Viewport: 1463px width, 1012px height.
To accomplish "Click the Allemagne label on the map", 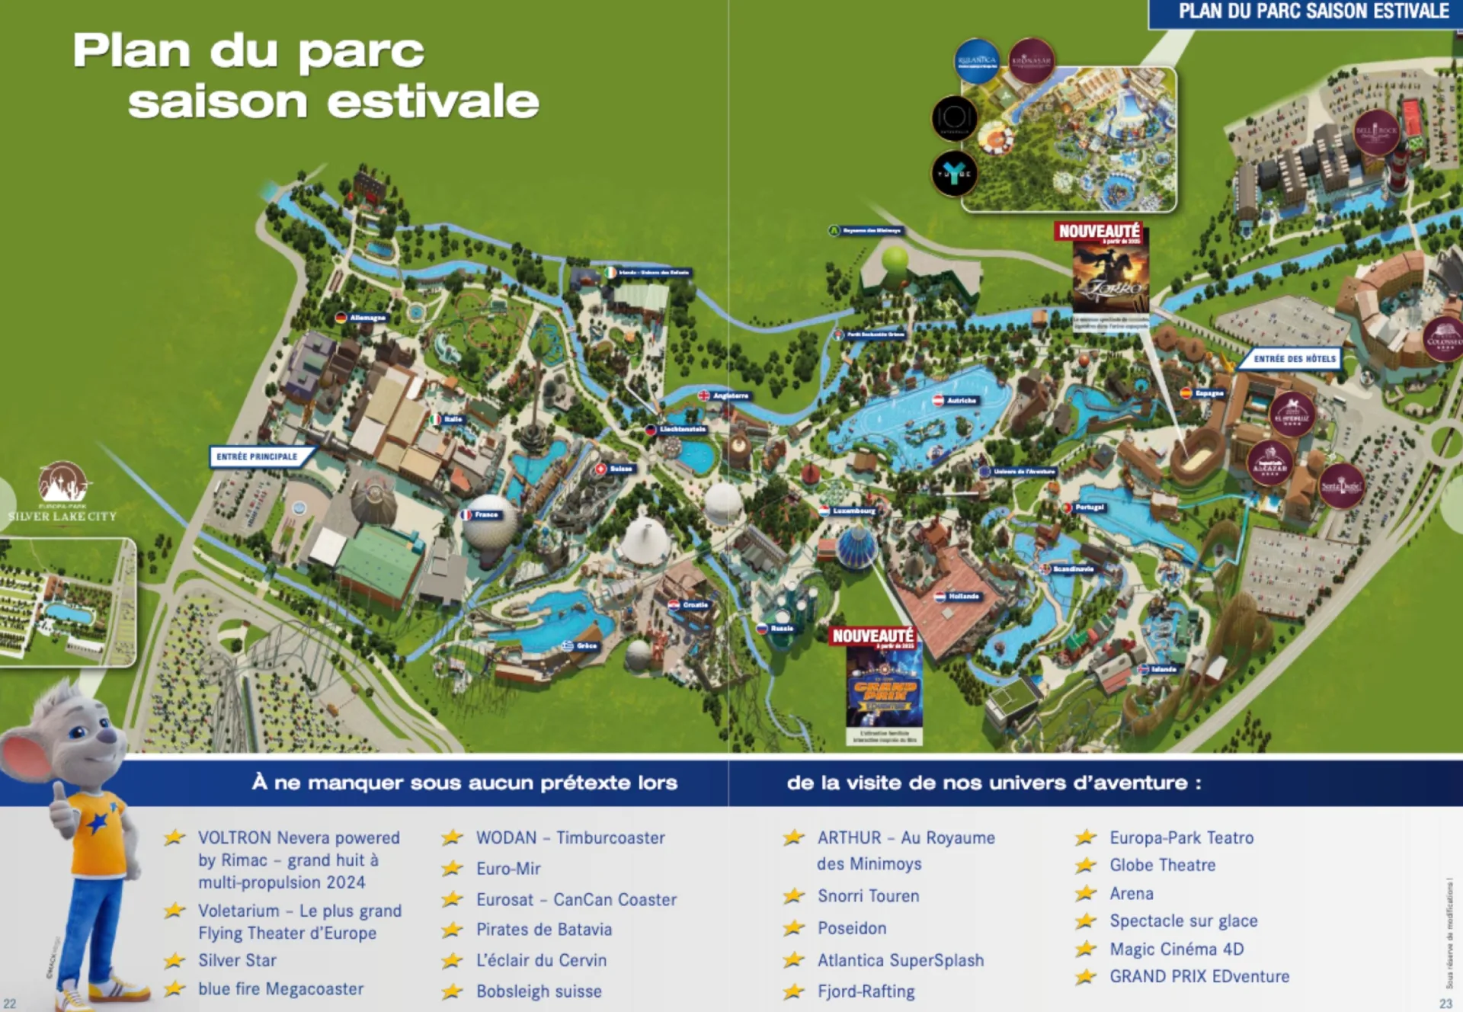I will (362, 318).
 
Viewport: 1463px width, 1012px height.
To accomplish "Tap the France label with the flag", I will (481, 515).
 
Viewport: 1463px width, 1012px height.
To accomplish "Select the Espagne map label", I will (1203, 393).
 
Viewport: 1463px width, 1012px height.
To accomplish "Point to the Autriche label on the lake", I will (956, 400).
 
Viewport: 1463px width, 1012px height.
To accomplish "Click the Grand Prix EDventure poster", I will (884, 690).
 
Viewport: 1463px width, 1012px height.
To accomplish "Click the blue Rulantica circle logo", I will (976, 60).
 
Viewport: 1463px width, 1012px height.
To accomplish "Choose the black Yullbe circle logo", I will (954, 173).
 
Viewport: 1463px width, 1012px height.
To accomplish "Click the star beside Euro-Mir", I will (453, 868).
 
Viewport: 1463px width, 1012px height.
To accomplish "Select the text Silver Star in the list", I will (237, 960).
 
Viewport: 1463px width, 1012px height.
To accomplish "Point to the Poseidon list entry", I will (852, 928).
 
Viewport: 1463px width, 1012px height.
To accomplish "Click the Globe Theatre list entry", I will (1162, 865).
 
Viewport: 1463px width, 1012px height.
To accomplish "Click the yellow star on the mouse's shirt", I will (98, 823).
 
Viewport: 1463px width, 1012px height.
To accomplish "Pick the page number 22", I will (10, 1003).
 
